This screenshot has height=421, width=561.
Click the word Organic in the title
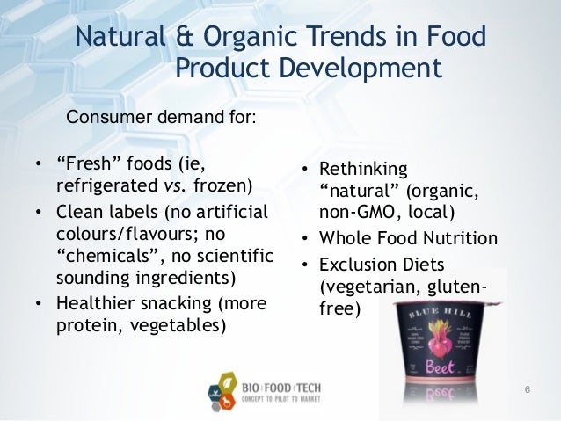coord(249,39)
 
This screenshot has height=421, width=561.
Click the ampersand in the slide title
coord(184,39)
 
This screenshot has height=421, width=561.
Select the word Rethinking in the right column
coord(363,168)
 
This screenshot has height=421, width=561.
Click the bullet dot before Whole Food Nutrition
coord(303,239)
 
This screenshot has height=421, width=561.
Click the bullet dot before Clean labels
coord(39,212)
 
